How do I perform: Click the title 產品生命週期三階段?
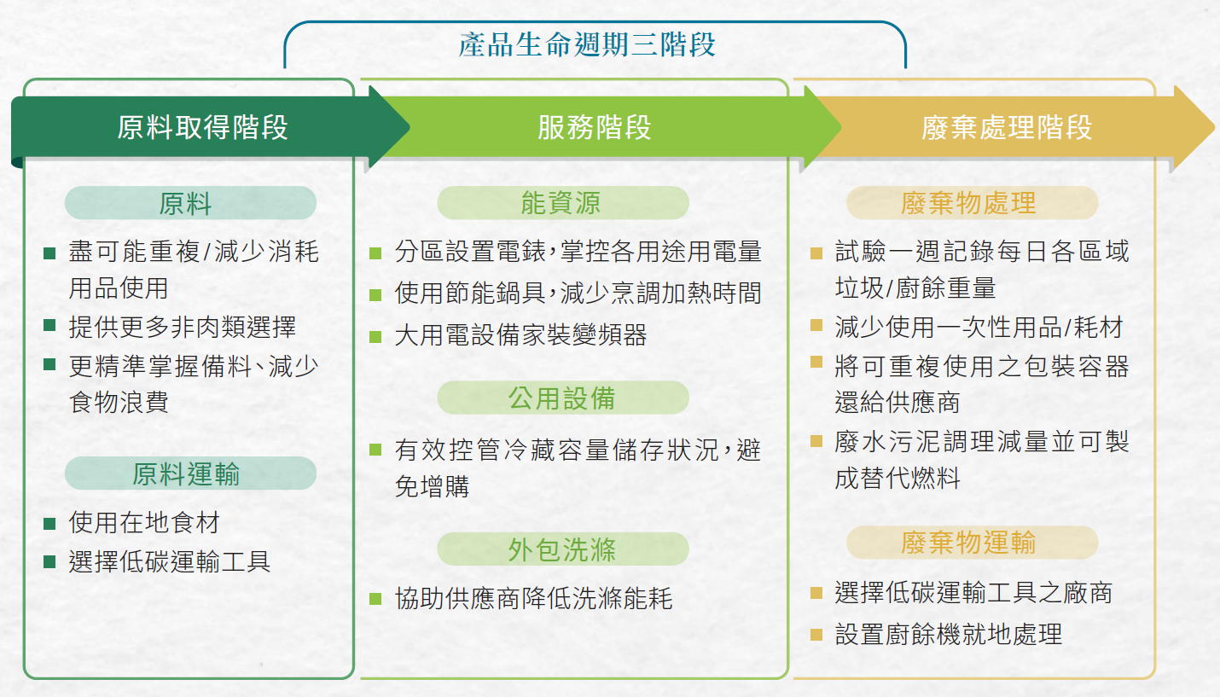click(x=587, y=44)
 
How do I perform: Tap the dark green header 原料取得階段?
click(x=202, y=127)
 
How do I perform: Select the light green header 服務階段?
click(x=595, y=127)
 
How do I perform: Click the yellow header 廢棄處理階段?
click(x=1007, y=127)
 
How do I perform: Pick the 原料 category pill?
click(x=190, y=203)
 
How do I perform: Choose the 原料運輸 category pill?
click(x=190, y=473)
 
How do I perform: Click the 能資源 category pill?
click(x=562, y=203)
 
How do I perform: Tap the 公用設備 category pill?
click(x=562, y=398)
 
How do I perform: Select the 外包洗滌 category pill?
click(x=562, y=549)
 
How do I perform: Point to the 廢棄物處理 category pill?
click(x=973, y=203)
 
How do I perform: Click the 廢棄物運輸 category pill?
click(x=973, y=543)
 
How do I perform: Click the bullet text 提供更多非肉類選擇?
click(x=183, y=327)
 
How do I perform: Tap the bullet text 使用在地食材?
click(x=144, y=522)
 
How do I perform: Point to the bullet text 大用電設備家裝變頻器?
click(x=520, y=334)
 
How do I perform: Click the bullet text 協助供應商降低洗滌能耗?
click(x=534, y=598)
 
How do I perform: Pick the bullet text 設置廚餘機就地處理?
click(x=948, y=634)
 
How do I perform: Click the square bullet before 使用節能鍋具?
click(x=375, y=295)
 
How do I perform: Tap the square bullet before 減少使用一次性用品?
click(x=816, y=325)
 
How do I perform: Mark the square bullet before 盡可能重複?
click(x=49, y=253)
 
